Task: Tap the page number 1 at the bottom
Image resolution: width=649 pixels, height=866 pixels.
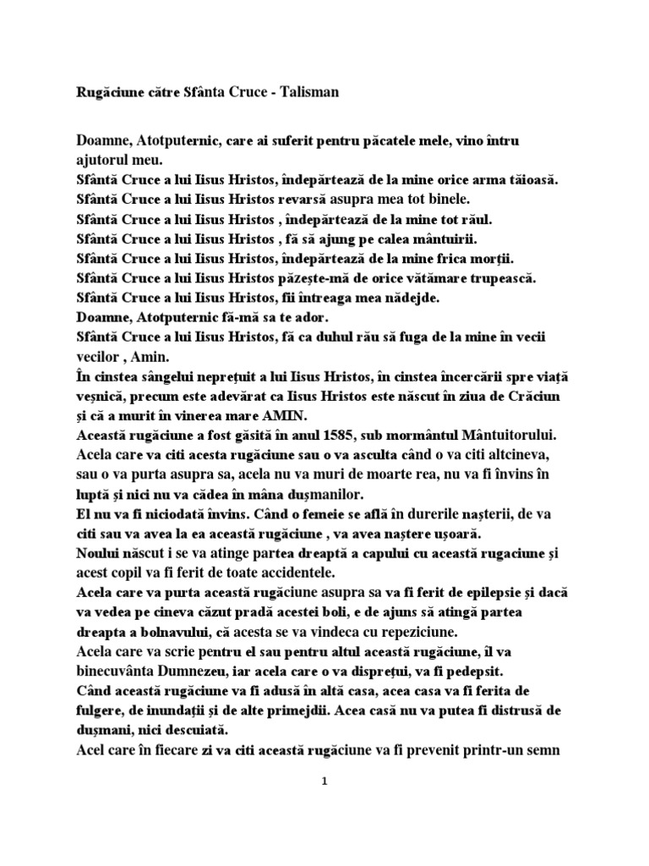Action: [324, 782]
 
